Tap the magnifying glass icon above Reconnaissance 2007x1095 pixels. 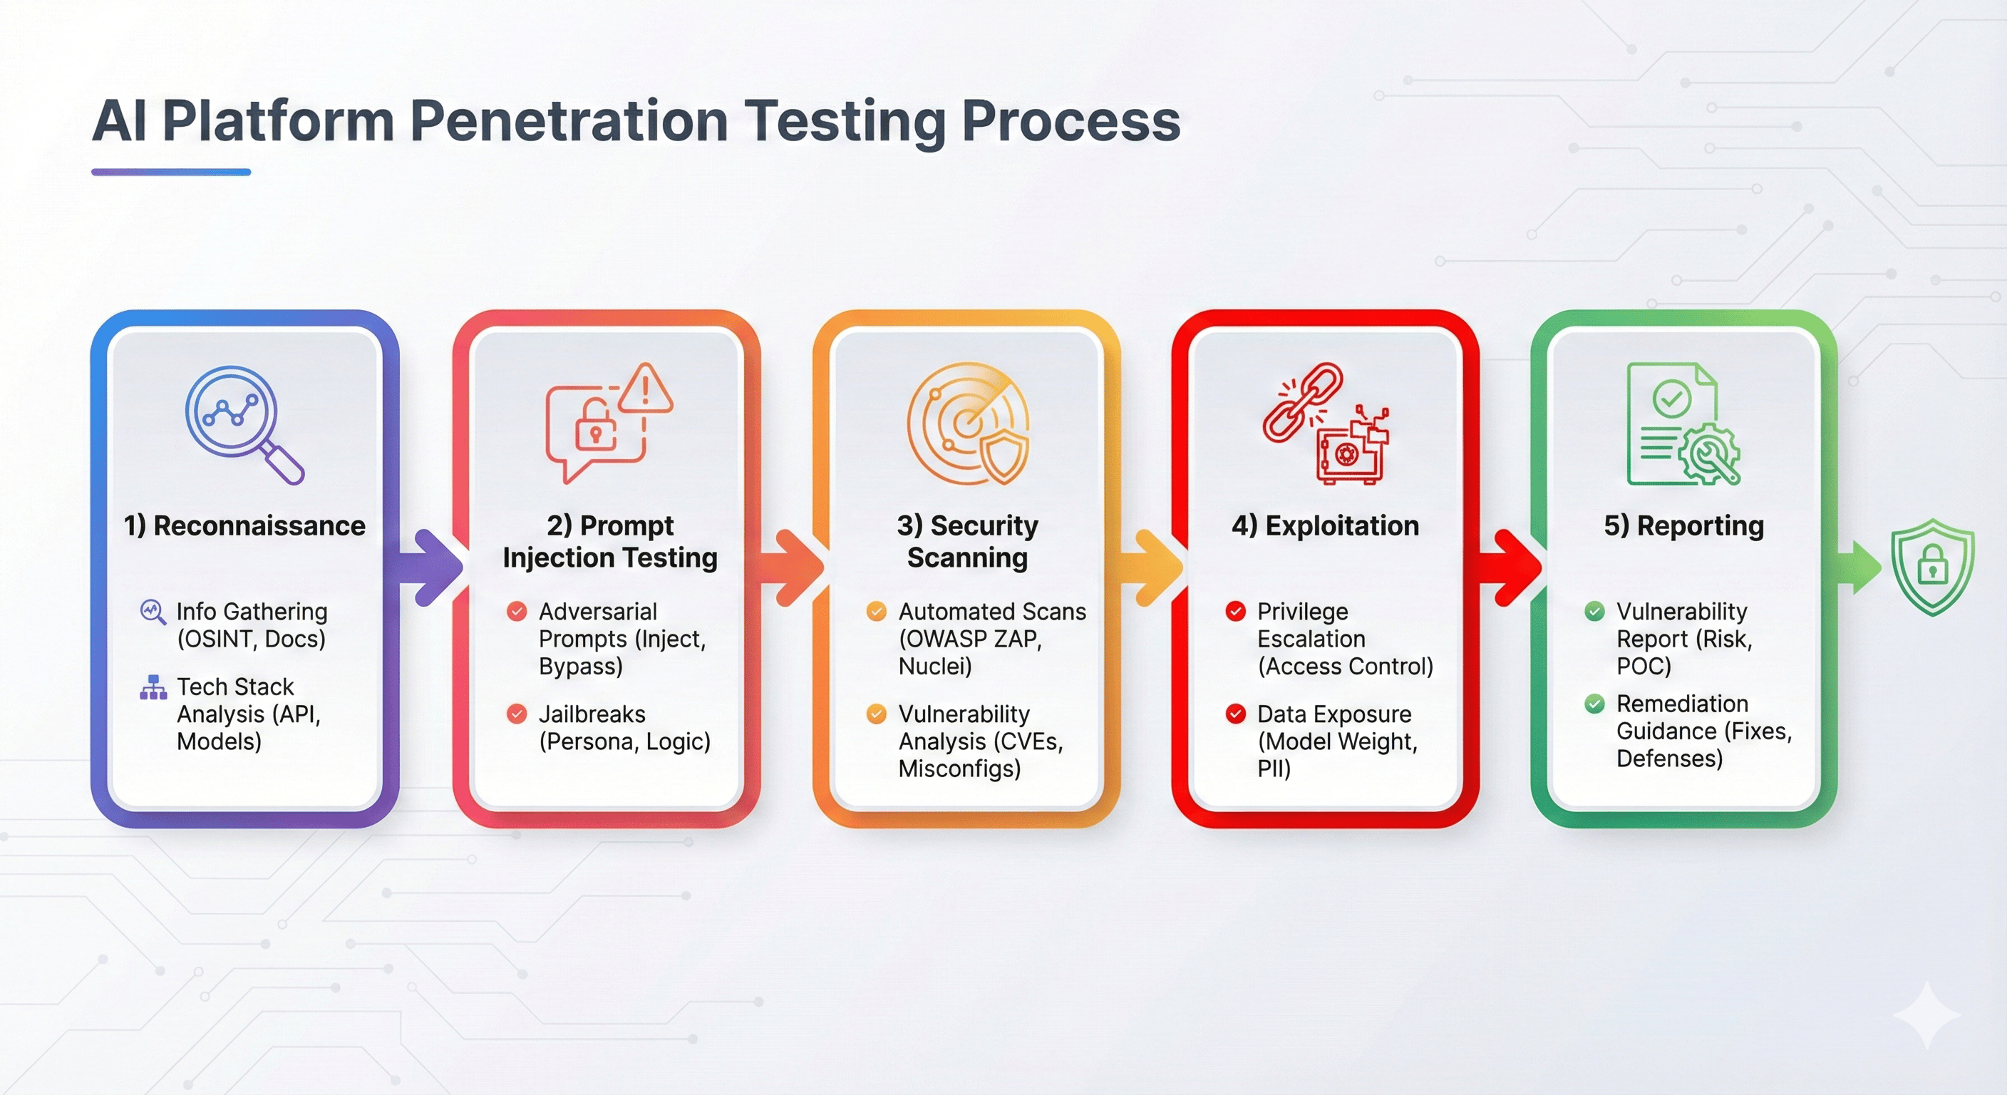242,423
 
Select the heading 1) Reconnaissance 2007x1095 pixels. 244,526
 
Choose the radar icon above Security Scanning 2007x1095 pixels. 968,423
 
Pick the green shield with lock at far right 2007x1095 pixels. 1932,567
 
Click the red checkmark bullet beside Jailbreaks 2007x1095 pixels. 517,714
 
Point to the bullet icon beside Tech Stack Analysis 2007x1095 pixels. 153,687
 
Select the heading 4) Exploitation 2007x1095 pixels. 1324,526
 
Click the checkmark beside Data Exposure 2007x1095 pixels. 1235,714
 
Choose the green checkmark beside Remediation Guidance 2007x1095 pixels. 1594,704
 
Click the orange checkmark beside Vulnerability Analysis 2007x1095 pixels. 877,714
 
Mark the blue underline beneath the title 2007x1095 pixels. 170,173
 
